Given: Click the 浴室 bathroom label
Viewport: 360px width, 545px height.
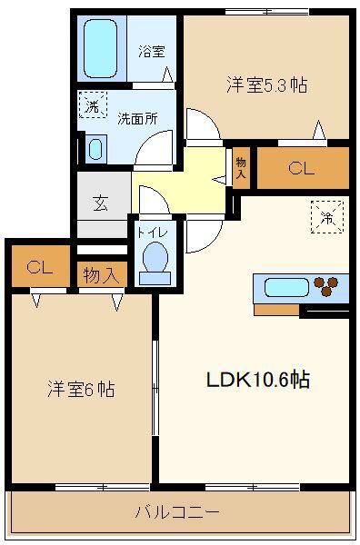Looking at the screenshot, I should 152,52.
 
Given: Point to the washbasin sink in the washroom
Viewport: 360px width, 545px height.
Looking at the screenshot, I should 96,148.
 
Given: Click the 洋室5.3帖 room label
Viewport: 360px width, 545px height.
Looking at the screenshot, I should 266,85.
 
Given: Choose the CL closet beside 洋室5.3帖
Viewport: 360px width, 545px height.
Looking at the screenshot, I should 302,168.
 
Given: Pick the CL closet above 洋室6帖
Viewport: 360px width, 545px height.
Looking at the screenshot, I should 37,267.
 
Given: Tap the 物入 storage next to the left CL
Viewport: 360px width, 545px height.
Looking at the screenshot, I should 100,274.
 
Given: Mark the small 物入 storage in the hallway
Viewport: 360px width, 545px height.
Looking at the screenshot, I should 241,168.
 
